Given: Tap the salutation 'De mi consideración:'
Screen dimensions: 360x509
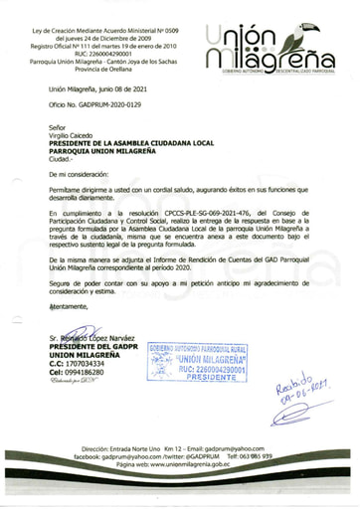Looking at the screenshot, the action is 83,174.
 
